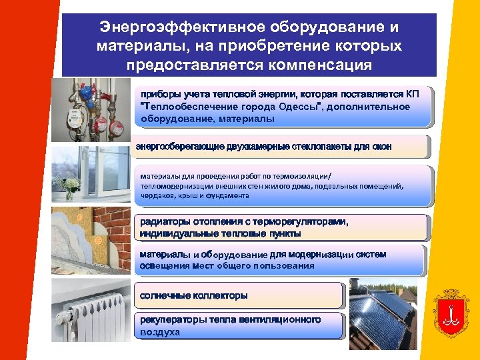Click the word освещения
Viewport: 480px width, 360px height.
163,266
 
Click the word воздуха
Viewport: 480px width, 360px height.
160,331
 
